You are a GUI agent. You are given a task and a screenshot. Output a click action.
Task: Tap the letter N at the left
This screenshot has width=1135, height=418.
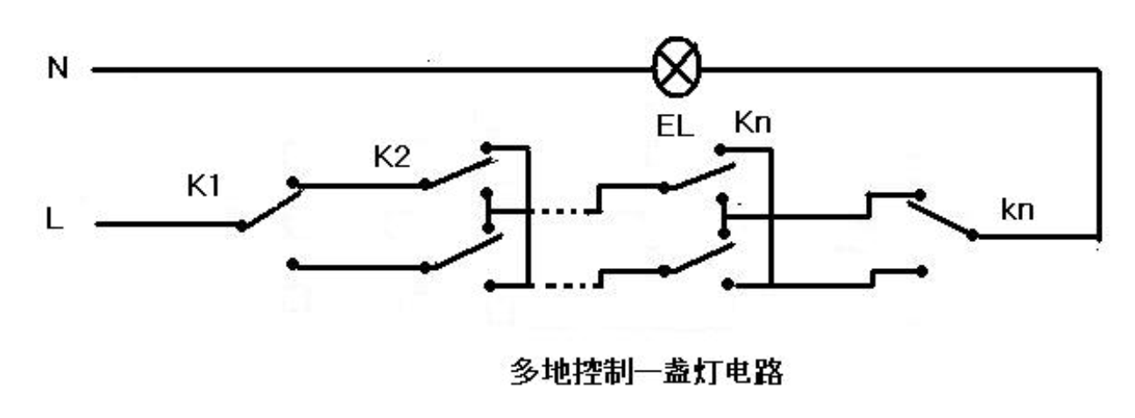[57, 67]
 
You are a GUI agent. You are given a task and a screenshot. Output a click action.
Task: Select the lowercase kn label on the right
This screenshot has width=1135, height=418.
[1018, 212]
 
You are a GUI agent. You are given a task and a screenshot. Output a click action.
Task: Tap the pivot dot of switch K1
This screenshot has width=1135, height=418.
[240, 224]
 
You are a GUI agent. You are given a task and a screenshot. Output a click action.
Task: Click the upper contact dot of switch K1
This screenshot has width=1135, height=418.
[294, 185]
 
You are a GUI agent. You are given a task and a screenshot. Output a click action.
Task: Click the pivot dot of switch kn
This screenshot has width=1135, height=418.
[972, 235]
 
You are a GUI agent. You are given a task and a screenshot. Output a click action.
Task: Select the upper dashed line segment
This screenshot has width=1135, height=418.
[563, 211]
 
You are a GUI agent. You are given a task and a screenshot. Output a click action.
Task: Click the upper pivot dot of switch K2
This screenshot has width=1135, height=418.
[424, 185]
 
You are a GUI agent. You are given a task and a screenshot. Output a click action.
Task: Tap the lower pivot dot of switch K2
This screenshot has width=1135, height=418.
[424, 266]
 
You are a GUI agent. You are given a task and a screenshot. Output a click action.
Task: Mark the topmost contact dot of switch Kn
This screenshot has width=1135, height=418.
[720, 151]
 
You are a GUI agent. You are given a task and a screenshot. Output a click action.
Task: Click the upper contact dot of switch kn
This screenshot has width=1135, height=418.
[920, 193]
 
